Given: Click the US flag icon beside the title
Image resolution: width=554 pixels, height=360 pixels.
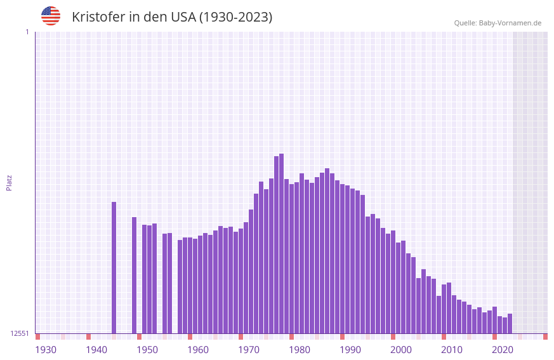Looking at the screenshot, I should pyautogui.click(x=51, y=16).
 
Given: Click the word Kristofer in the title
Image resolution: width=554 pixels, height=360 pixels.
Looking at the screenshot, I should pyautogui.click(x=98, y=17).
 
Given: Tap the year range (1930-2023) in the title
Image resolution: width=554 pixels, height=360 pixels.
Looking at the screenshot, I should pyautogui.click(x=235, y=17).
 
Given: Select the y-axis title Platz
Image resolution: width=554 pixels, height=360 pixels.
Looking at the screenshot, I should pyautogui.click(x=9, y=182).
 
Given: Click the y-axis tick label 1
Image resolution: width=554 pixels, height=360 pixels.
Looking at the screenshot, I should pyautogui.click(x=27, y=32).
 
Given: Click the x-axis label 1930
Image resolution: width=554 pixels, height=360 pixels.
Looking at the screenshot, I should pyautogui.click(x=46, y=350).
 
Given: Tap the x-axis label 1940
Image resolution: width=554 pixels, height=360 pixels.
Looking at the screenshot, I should pyautogui.click(x=96, y=350).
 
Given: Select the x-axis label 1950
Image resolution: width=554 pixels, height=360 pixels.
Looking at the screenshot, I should pyautogui.click(x=147, y=350).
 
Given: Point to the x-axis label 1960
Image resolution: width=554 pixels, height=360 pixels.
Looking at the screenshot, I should pyautogui.click(x=198, y=350).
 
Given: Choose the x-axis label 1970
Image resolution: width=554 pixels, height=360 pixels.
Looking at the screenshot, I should pyautogui.click(x=249, y=350).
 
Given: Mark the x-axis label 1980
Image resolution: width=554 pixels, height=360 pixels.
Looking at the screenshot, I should pyautogui.click(x=300, y=350).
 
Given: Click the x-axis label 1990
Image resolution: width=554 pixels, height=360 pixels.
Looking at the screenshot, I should pyautogui.click(x=350, y=350).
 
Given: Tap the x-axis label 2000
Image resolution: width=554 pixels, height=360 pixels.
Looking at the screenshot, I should pyautogui.click(x=401, y=350).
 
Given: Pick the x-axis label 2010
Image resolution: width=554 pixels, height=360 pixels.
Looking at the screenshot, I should pyautogui.click(x=452, y=350).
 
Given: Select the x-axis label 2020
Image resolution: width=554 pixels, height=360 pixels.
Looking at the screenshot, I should pyautogui.click(x=503, y=350).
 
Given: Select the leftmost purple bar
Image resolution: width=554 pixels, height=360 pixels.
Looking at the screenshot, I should pyautogui.click(x=114, y=267).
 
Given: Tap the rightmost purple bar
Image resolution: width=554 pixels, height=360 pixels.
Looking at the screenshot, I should pyautogui.click(x=510, y=323).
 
